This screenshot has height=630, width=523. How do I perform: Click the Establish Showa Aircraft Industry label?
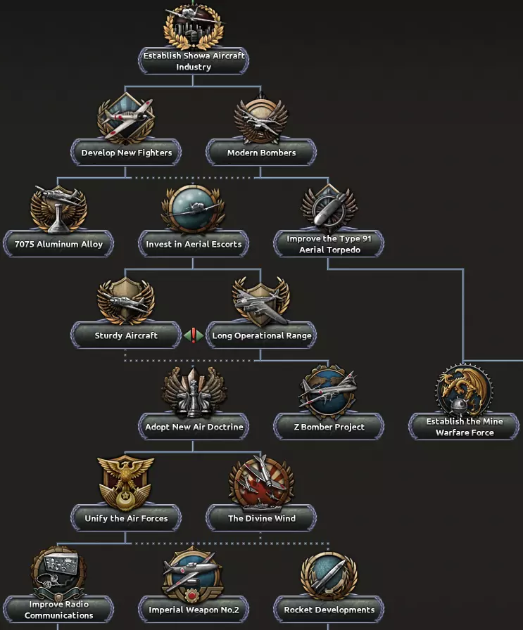point(194,61)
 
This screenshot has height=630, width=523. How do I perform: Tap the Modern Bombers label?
point(261,153)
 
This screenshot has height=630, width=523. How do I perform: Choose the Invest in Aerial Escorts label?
point(194,244)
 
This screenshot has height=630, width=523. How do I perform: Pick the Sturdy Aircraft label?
point(126,335)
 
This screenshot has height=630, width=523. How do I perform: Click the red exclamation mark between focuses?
point(194,335)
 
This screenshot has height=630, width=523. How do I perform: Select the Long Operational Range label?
point(261,335)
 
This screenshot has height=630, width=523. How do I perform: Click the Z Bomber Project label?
point(329,427)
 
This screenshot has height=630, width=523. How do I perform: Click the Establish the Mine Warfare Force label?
point(464,427)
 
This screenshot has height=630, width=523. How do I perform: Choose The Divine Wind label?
point(261,518)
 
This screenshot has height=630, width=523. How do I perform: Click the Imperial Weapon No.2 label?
point(194,610)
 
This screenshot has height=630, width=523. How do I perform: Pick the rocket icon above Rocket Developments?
point(329,573)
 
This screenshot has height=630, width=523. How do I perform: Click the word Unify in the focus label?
point(97,518)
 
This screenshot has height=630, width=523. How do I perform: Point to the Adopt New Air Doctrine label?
point(194,427)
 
